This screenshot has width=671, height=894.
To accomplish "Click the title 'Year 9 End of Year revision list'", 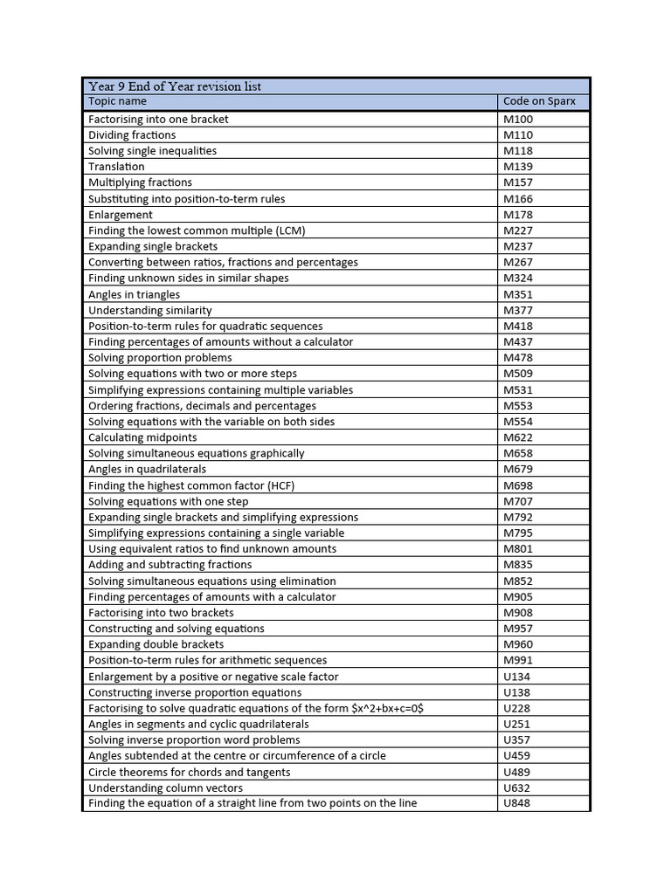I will (x=175, y=86).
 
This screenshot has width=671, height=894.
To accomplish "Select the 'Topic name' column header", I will (x=117, y=101).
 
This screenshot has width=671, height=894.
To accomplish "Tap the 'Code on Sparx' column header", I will (x=539, y=101).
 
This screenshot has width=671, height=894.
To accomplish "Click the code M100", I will (x=518, y=119).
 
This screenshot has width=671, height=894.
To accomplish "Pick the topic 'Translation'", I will (x=116, y=167).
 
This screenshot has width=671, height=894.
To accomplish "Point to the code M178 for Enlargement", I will (x=518, y=215).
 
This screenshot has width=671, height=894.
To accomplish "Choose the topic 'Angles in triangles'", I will (x=134, y=294).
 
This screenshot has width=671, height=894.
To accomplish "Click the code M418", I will (x=518, y=326).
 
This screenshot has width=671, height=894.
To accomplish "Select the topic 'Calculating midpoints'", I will (x=142, y=437).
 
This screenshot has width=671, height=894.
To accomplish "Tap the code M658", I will (x=518, y=453).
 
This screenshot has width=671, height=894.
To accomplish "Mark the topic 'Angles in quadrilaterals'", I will (x=147, y=469).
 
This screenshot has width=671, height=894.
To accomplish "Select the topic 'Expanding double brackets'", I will (x=156, y=644).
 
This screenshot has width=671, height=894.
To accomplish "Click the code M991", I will (x=518, y=660).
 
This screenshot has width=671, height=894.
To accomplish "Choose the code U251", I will (x=516, y=724).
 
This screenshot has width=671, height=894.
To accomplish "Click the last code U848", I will (x=516, y=803).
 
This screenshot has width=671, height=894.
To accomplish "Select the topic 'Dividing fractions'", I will (x=132, y=135).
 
